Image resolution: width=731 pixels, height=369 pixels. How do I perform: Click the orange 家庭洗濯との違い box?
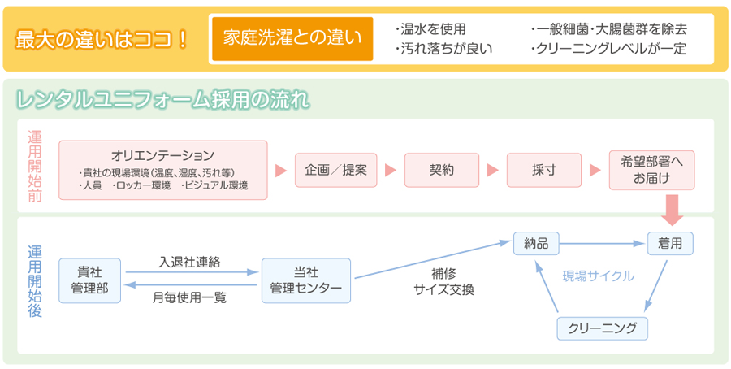[x=292, y=39]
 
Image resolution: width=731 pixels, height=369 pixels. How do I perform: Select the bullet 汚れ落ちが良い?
[x=443, y=49]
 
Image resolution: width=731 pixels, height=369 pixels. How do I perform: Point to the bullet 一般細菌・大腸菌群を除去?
[x=608, y=30]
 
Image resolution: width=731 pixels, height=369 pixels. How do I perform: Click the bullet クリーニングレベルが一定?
[x=608, y=49]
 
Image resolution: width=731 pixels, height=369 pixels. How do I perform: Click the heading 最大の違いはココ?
[x=102, y=40]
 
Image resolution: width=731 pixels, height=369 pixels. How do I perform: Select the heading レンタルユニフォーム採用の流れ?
[x=162, y=100]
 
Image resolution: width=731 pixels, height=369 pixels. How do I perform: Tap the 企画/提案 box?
[x=336, y=170]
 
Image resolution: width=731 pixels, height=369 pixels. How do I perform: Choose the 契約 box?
[x=442, y=170]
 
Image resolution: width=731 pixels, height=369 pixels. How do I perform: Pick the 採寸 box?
[x=544, y=170]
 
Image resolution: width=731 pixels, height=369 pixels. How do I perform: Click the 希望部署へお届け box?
[x=651, y=170]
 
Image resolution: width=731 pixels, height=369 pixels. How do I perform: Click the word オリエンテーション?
[x=162, y=154]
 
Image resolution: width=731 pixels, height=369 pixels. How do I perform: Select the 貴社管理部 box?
[x=90, y=280]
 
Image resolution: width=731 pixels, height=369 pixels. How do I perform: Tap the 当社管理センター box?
[x=306, y=280]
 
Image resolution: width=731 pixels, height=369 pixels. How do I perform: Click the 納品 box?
[x=536, y=244]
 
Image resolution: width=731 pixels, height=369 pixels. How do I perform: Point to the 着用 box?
[x=670, y=244]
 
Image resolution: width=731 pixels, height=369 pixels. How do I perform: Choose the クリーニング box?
[x=603, y=328]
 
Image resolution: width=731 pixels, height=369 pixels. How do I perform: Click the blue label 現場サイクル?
[x=598, y=276]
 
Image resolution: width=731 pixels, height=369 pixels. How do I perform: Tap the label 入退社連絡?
[x=189, y=263]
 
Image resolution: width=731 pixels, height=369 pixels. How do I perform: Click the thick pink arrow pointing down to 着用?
[x=672, y=210]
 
